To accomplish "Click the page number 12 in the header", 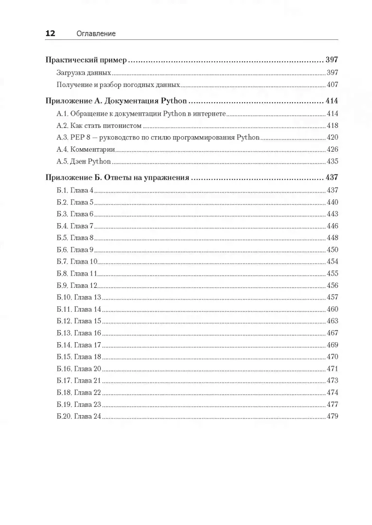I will coord(50,34).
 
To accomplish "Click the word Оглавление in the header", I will coord(96,34).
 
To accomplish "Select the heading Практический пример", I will coord(86,61).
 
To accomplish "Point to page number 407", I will coord(332,85).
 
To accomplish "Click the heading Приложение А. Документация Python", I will coord(117,102).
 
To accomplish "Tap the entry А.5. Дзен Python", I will coord(84,161).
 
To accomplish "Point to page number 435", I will coord(332,161).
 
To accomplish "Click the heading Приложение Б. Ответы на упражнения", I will coord(117,178).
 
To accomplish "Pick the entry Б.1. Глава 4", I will coord(75,190).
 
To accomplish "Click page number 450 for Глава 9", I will coord(332,250).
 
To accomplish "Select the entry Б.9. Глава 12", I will coord(77,285).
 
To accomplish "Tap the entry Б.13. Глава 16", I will coord(79,333).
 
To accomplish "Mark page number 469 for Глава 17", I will coord(332,345).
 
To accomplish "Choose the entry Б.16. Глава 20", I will coord(79,369).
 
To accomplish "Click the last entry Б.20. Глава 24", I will coord(79,417).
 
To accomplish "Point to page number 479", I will coord(332,417).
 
